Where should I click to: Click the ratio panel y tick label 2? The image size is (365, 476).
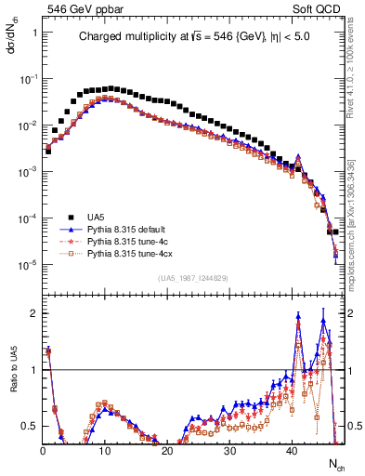33,313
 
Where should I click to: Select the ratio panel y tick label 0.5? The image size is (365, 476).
30,426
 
